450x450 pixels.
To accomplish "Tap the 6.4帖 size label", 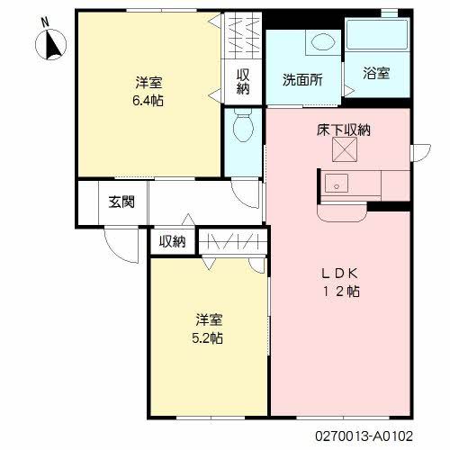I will pos(150,100).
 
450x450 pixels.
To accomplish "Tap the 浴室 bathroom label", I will pos(376,72).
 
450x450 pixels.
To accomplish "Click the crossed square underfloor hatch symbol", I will pos(345,152).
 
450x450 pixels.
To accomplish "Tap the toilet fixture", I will pos(242,129).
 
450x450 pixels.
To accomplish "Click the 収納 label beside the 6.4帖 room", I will pos(244,81).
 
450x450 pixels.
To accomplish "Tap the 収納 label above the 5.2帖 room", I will pos(172,241).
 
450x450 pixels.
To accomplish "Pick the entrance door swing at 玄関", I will pos(117,239).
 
